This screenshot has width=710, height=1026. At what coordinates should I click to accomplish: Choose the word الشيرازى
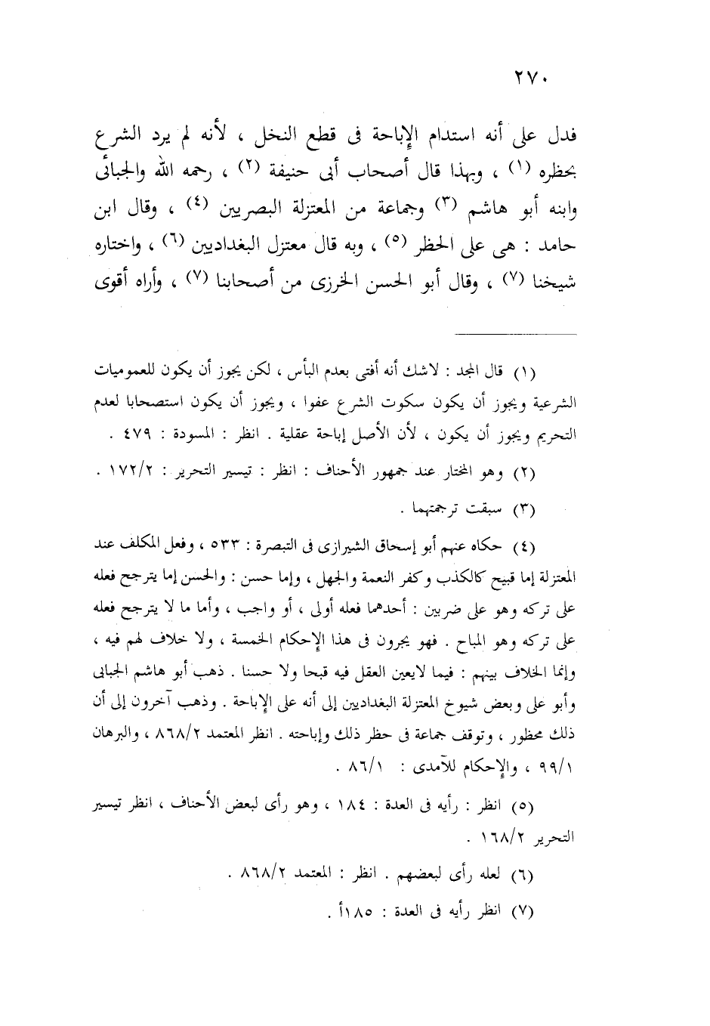tap(363, 545)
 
